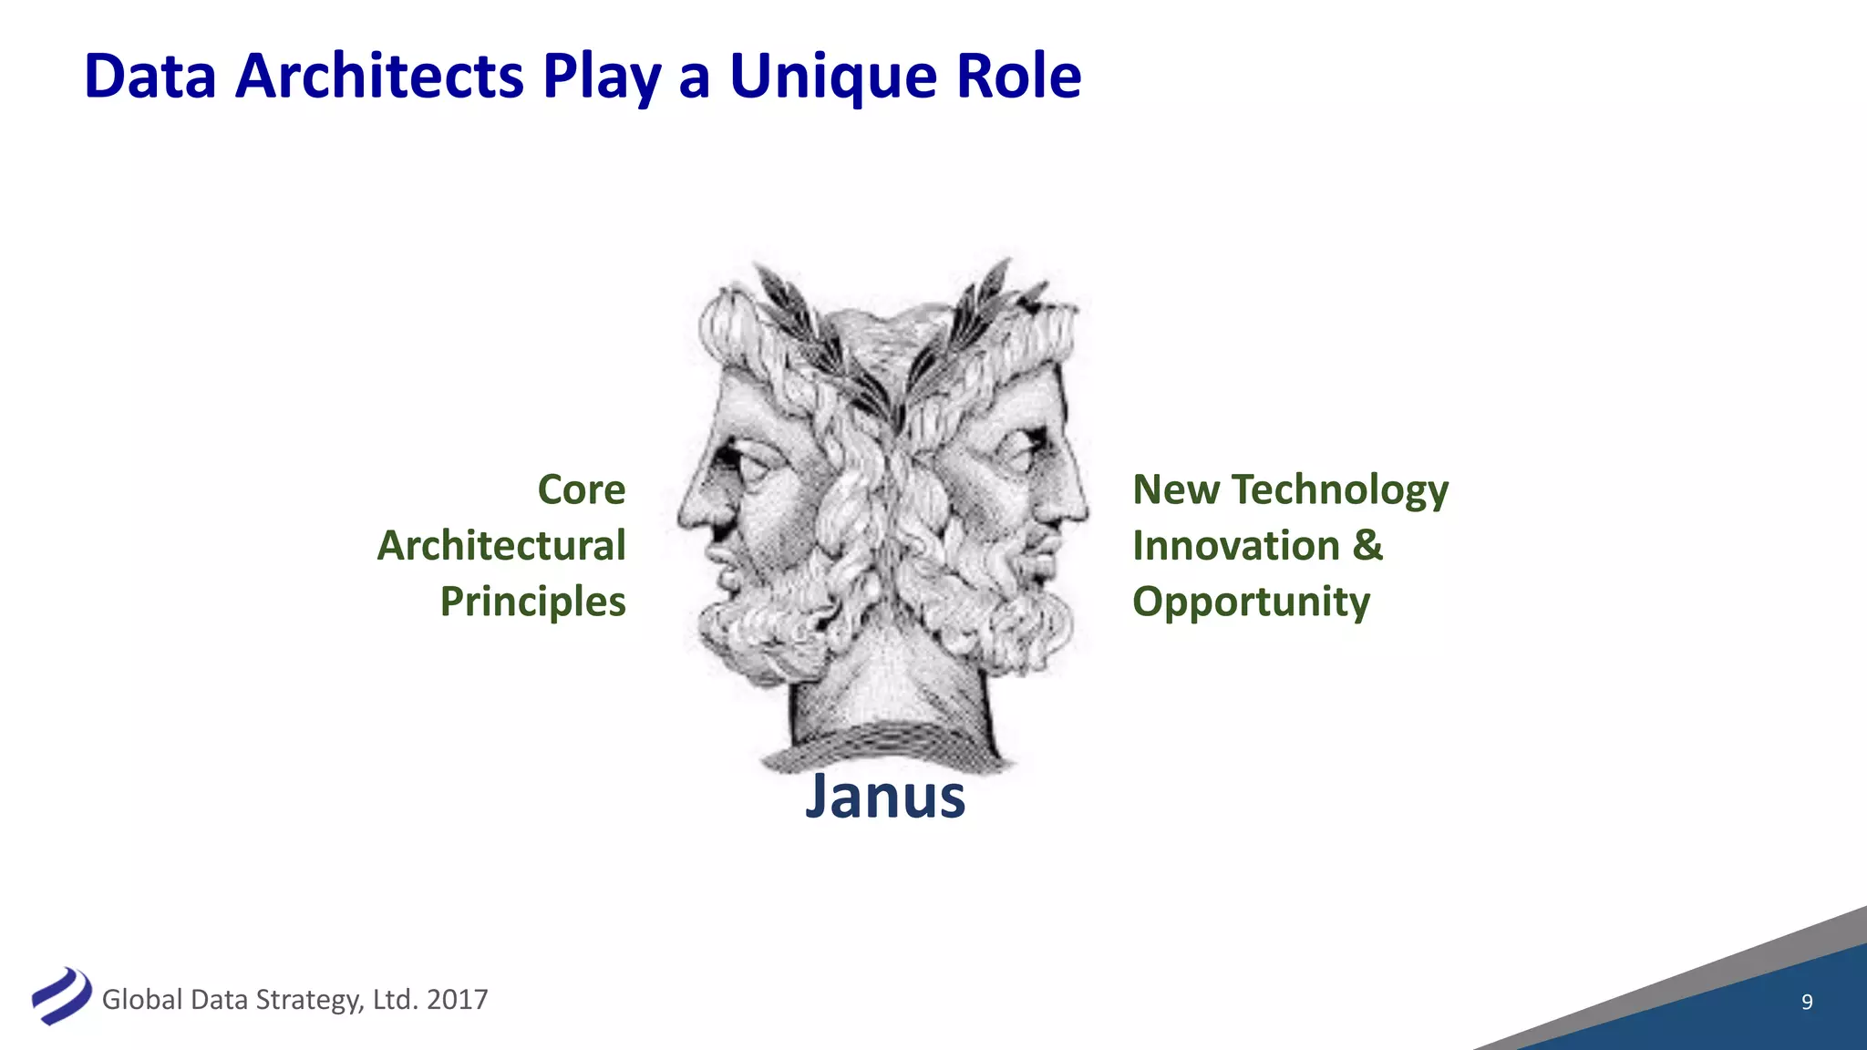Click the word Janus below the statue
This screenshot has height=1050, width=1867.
[884, 797]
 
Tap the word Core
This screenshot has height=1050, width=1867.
[582, 490]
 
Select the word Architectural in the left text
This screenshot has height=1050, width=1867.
[501, 546]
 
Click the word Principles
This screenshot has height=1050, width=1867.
[532, 602]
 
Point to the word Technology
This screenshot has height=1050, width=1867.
[1340, 490]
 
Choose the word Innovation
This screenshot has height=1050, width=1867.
[1235, 546]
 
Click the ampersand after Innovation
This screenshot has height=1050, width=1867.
[1367, 545]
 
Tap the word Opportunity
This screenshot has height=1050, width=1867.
[1251, 602]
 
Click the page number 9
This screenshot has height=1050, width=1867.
[1807, 1002]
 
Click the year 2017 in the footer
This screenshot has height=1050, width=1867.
[457, 1000]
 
